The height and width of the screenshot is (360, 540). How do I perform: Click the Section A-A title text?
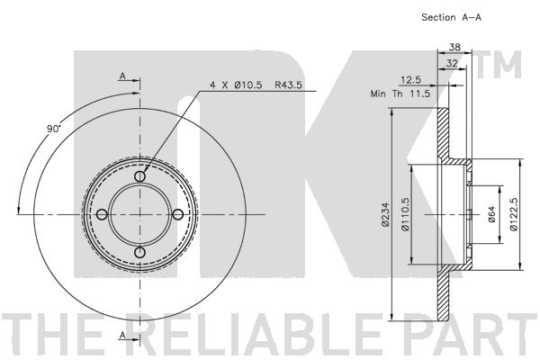pyautogui.click(x=451, y=17)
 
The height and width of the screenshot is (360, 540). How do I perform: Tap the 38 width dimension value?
pyautogui.click(x=454, y=47)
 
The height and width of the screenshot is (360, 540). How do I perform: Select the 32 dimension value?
pyautogui.click(x=452, y=63)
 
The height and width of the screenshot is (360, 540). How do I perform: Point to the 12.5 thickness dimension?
pyautogui.click(x=411, y=80)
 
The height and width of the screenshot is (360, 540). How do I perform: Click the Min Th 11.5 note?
pyautogui.click(x=400, y=94)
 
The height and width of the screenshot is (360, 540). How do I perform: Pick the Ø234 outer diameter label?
pyautogui.click(x=386, y=214)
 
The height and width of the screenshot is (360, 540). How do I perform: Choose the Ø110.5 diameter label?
pyautogui.click(x=405, y=214)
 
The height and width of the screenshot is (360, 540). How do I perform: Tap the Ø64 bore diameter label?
pyautogui.click(x=491, y=214)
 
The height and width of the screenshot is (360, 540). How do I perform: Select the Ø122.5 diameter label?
pyautogui.click(x=514, y=214)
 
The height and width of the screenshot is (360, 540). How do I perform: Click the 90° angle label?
pyautogui.click(x=53, y=129)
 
